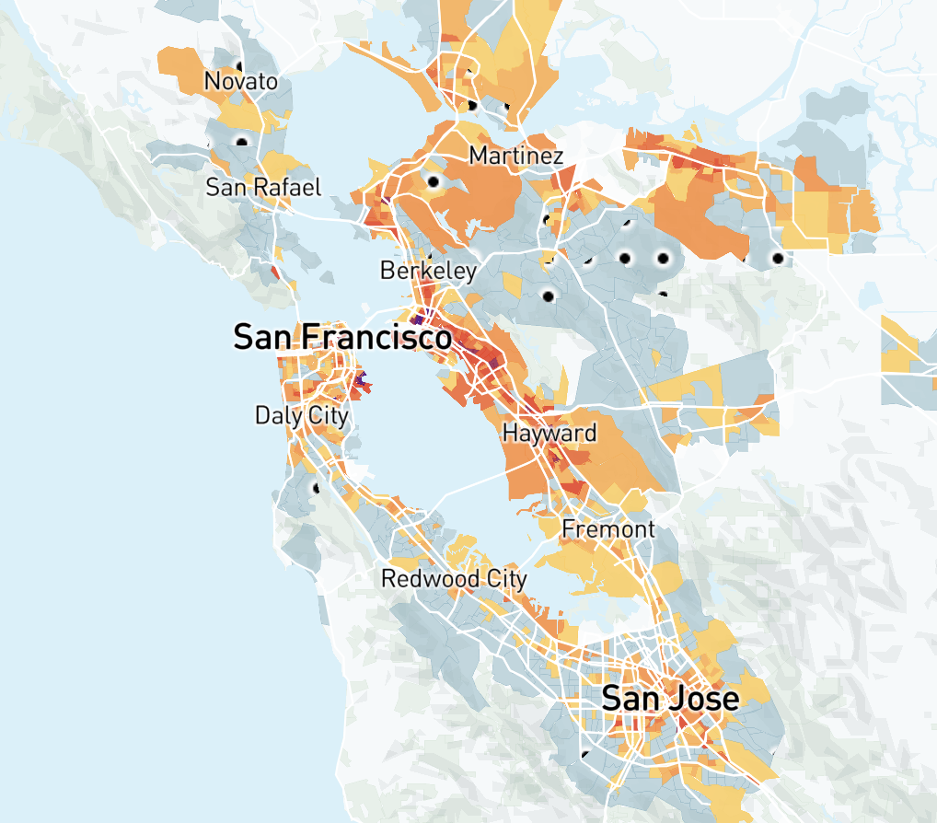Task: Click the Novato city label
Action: coord(240,81)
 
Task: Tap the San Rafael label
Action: coord(263,188)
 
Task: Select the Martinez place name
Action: coord(515,156)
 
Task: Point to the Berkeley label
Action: coord(428,271)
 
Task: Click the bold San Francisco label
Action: coord(341,337)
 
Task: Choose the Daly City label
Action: coord(302,415)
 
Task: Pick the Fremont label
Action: coord(607,529)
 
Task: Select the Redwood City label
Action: coord(454,579)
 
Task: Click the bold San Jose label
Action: coord(669,699)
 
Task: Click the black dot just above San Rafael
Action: coord(242,141)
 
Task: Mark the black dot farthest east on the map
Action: coord(778,259)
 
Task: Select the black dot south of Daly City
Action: coord(317,488)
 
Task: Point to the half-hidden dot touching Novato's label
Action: coord(239,66)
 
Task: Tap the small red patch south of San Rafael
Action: coord(276,272)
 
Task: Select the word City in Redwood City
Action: coord(504,579)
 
